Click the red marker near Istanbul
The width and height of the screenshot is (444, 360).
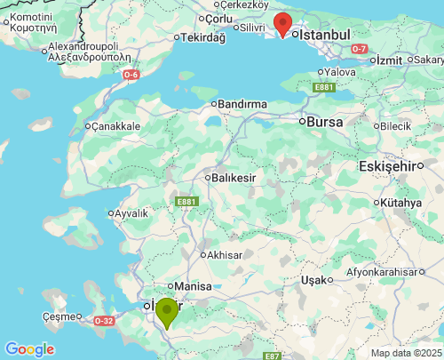[282, 25]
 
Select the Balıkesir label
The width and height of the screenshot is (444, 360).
[234, 177]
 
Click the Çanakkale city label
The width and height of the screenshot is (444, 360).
[116, 126]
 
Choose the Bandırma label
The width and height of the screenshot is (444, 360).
[242, 104]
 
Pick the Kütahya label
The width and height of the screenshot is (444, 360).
[401, 203]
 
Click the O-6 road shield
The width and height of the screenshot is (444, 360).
[131, 75]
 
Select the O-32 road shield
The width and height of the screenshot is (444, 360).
[104, 320]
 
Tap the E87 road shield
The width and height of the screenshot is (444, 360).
[272, 356]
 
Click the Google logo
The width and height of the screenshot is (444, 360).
[28, 349]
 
